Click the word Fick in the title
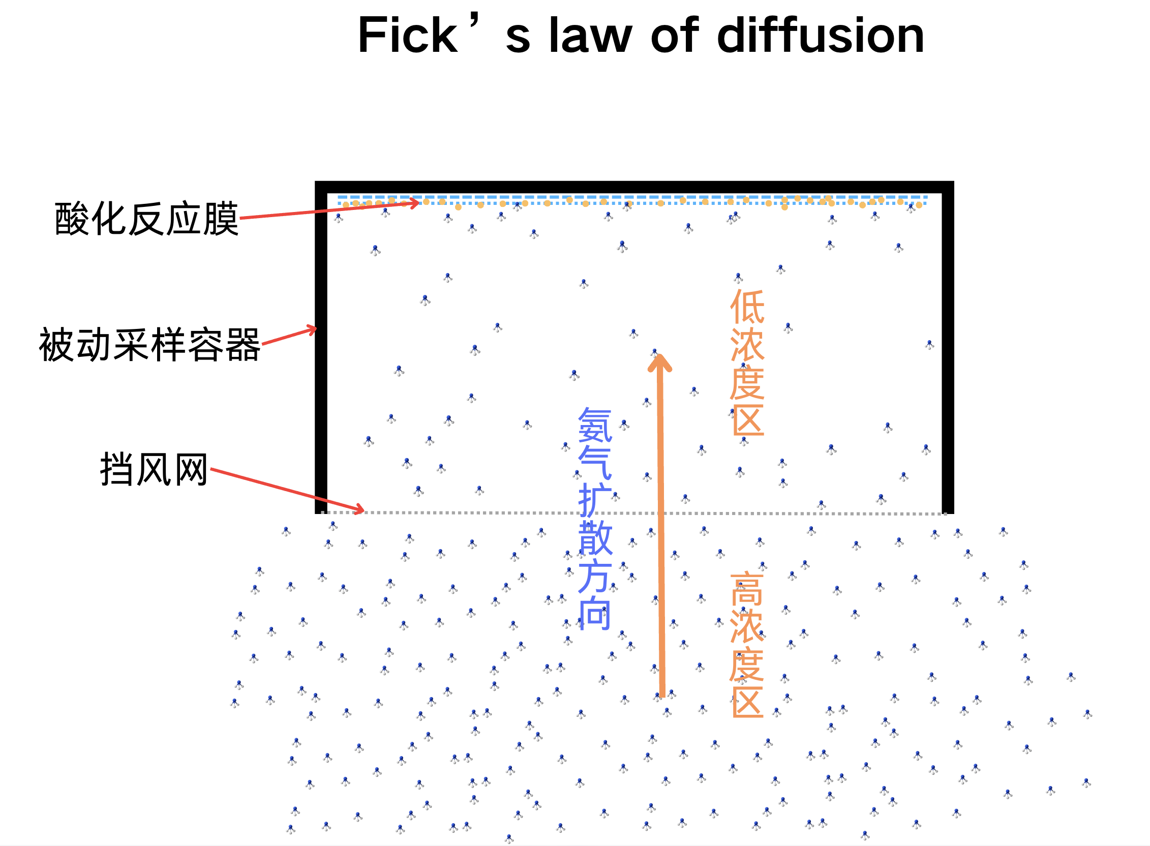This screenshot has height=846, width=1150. point(407,36)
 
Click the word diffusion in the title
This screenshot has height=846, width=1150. point(820,36)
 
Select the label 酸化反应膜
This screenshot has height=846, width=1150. point(146,219)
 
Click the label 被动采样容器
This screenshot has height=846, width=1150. point(149,345)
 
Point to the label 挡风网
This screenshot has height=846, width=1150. point(154,469)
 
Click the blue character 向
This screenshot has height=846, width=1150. point(595,614)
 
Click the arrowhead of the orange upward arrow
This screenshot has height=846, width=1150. point(660,362)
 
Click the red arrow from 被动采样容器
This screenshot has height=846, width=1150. point(289,336)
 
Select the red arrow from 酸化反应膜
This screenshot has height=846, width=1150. point(328,210)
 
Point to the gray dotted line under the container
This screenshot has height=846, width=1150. point(512,512)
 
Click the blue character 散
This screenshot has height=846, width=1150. point(595,538)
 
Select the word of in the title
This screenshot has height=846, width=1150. point(675,36)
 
